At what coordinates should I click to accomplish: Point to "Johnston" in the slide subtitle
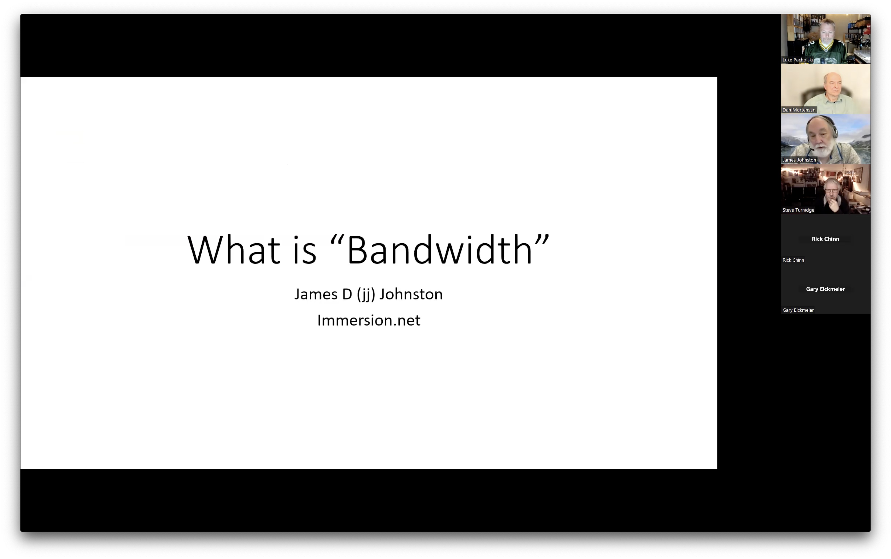pyautogui.click(x=411, y=294)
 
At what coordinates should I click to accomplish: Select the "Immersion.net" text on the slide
pyautogui.click(x=369, y=320)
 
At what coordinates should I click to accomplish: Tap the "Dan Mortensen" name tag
pyautogui.click(x=798, y=110)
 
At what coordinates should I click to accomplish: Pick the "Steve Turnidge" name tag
pyautogui.click(x=798, y=210)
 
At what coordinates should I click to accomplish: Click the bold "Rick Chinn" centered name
pyautogui.click(x=825, y=239)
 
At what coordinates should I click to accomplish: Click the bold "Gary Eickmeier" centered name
pyautogui.click(x=825, y=289)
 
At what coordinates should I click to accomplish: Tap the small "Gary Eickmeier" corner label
pyautogui.click(x=798, y=310)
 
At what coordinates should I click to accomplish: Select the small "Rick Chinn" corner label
pyautogui.click(x=793, y=260)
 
